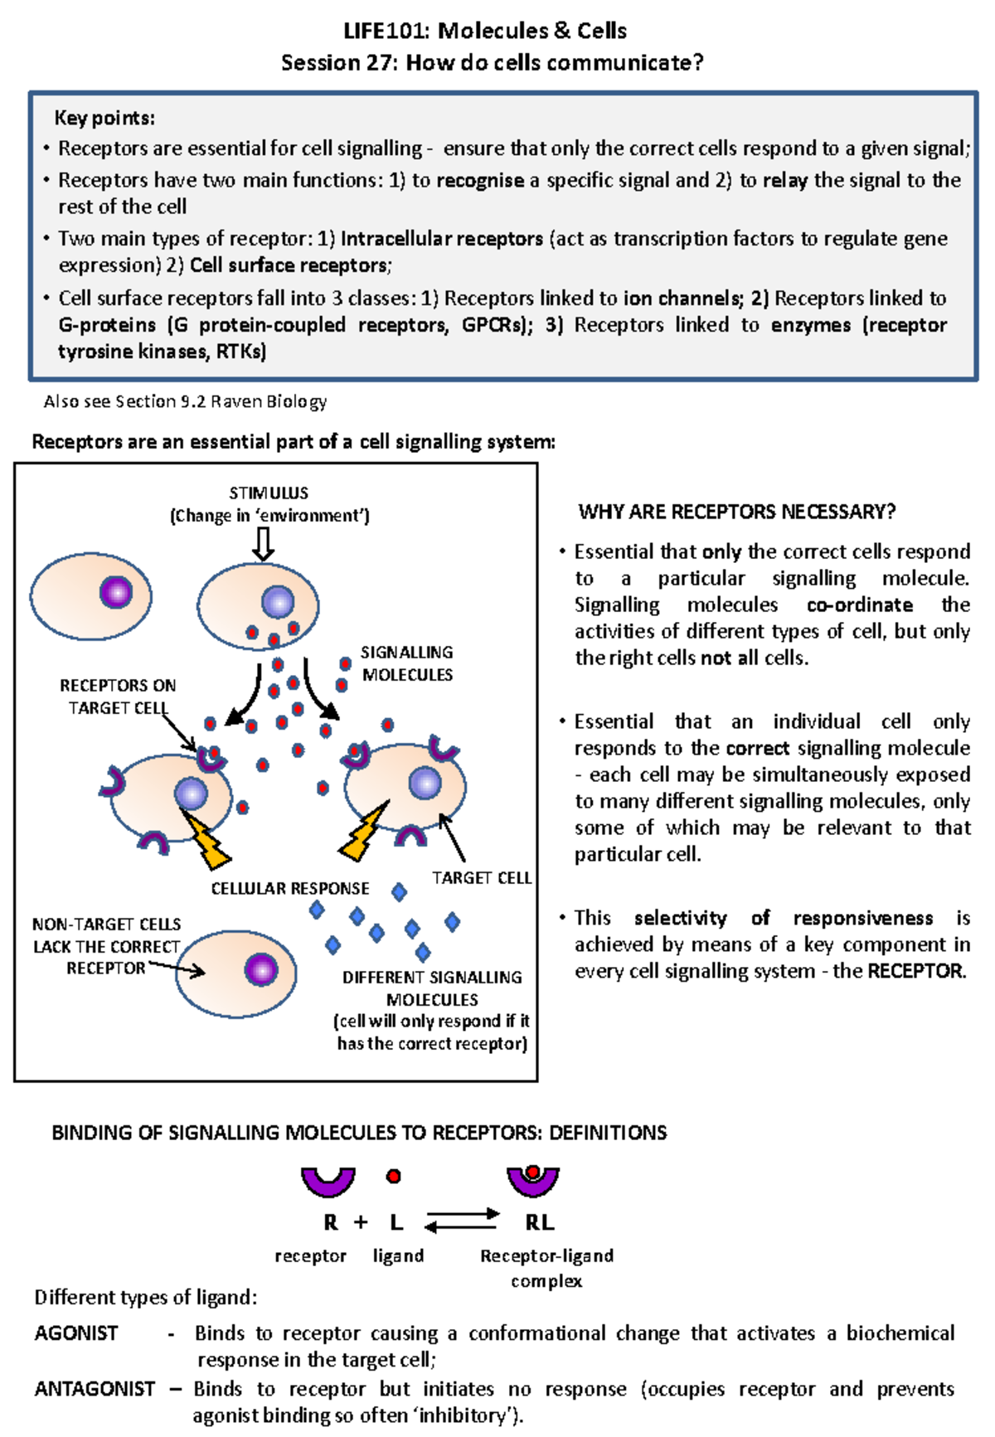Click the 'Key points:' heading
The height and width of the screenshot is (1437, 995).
pyautogui.click(x=104, y=118)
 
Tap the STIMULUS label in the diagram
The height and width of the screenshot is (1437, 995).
pyautogui.click(x=269, y=493)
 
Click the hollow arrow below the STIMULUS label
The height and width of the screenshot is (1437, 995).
pyautogui.click(x=263, y=544)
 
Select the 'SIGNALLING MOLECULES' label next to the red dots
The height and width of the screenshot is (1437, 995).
pyautogui.click(x=407, y=663)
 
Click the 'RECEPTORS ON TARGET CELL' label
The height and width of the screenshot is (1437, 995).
pyautogui.click(x=118, y=697)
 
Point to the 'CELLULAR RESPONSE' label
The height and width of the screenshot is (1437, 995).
pyautogui.click(x=289, y=888)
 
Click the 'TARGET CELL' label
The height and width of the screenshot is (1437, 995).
pyautogui.click(x=481, y=877)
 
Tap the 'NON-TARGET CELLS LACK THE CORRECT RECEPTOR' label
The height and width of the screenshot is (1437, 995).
pyautogui.click(x=106, y=946)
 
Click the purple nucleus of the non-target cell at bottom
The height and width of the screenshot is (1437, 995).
pyautogui.click(x=261, y=969)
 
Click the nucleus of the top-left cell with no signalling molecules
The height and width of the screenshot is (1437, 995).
pyautogui.click(x=116, y=592)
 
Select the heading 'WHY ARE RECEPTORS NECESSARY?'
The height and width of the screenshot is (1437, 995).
pyautogui.click(x=736, y=512)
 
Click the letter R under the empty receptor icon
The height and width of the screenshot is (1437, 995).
pyautogui.click(x=331, y=1222)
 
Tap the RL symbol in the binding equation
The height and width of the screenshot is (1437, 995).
pyautogui.click(x=539, y=1222)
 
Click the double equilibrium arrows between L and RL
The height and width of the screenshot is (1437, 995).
pyautogui.click(x=461, y=1220)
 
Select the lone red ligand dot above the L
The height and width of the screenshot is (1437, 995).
pyautogui.click(x=394, y=1176)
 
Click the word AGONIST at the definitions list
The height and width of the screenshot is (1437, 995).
pyautogui.click(x=76, y=1333)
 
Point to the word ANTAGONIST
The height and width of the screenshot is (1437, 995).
pyautogui.click(x=95, y=1389)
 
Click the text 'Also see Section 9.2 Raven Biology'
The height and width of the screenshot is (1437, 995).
pyautogui.click(x=185, y=402)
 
